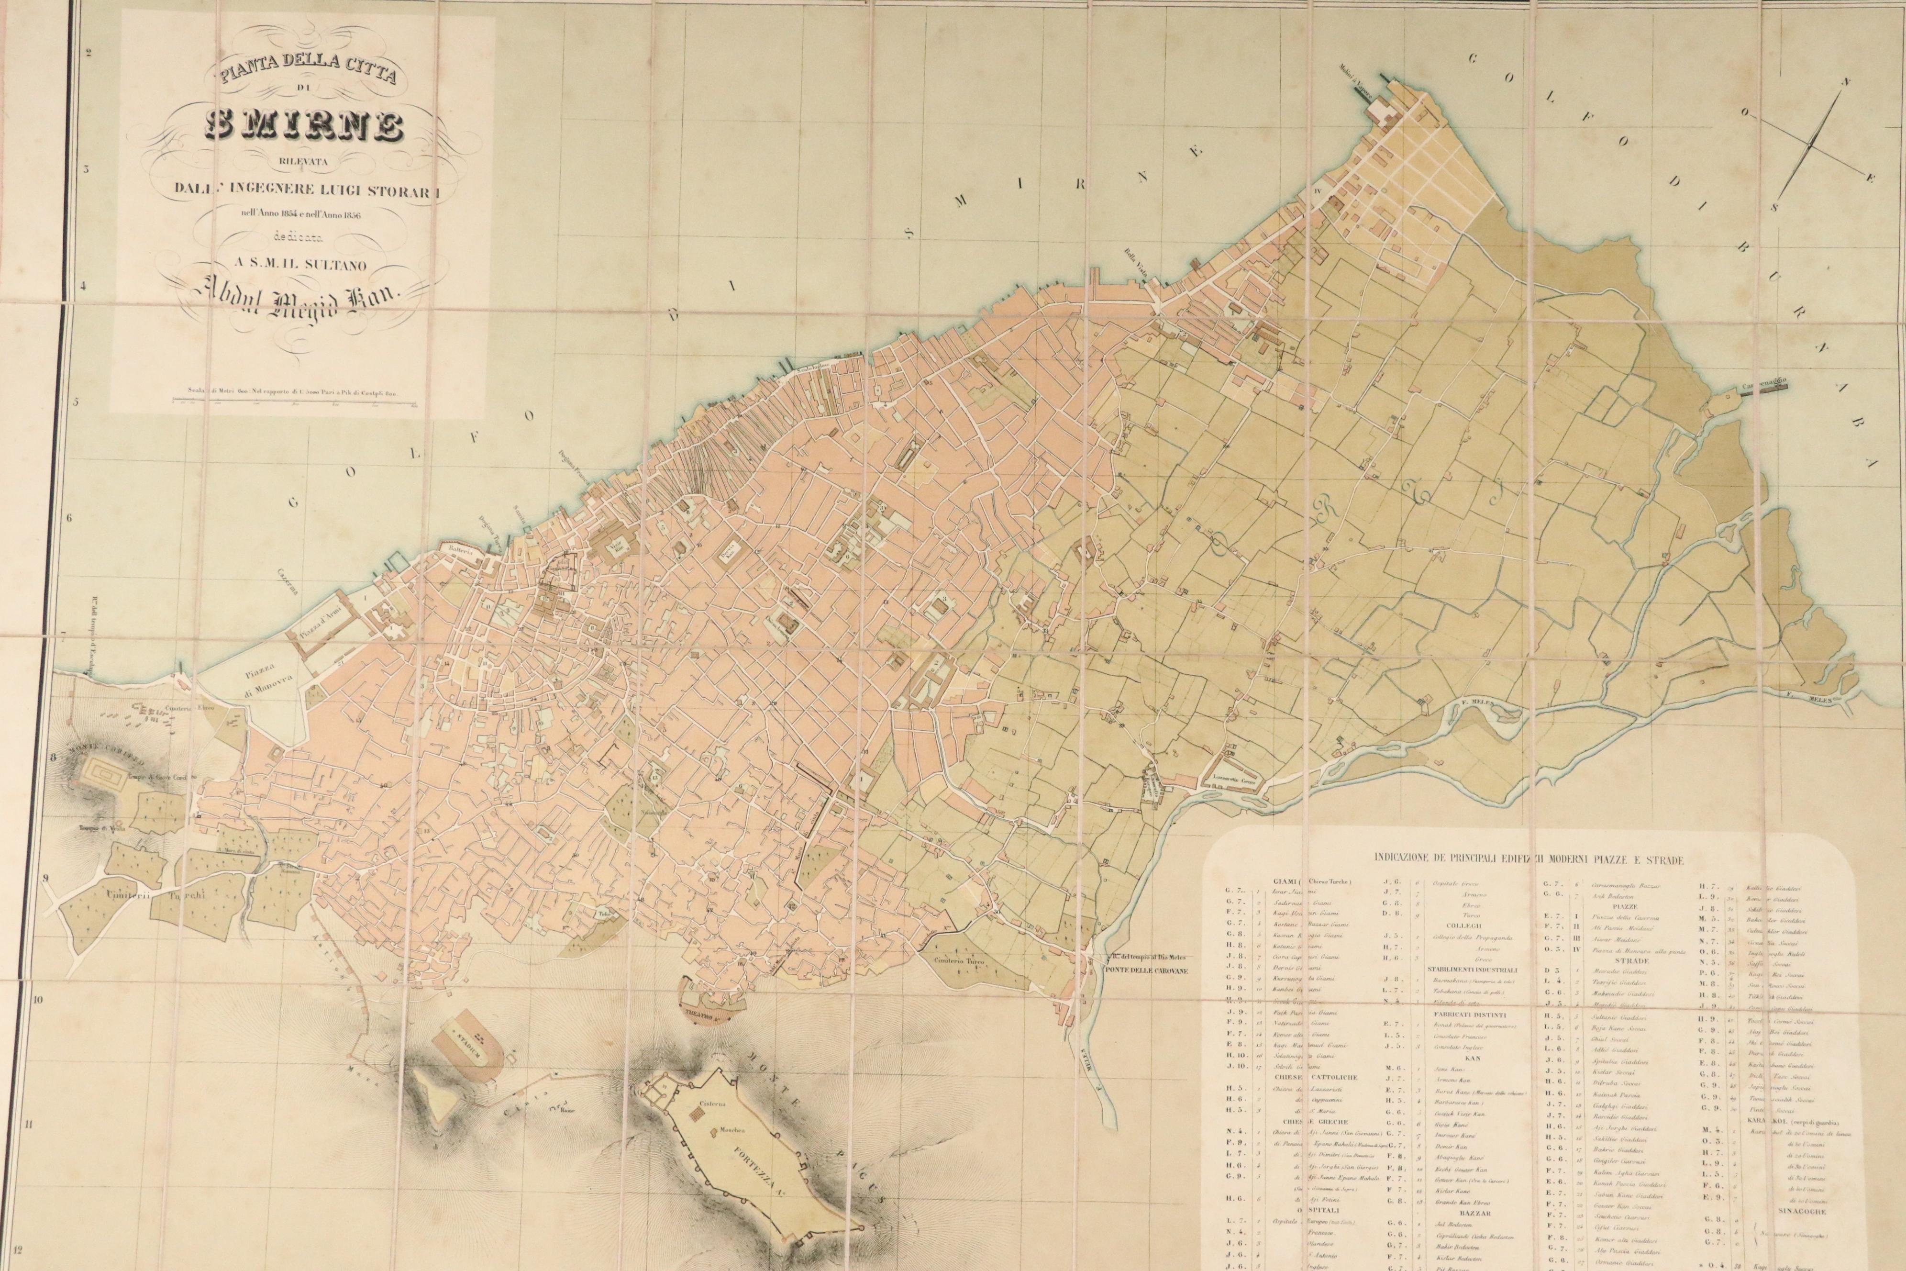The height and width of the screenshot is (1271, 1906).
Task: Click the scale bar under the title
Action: (x=292, y=401)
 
